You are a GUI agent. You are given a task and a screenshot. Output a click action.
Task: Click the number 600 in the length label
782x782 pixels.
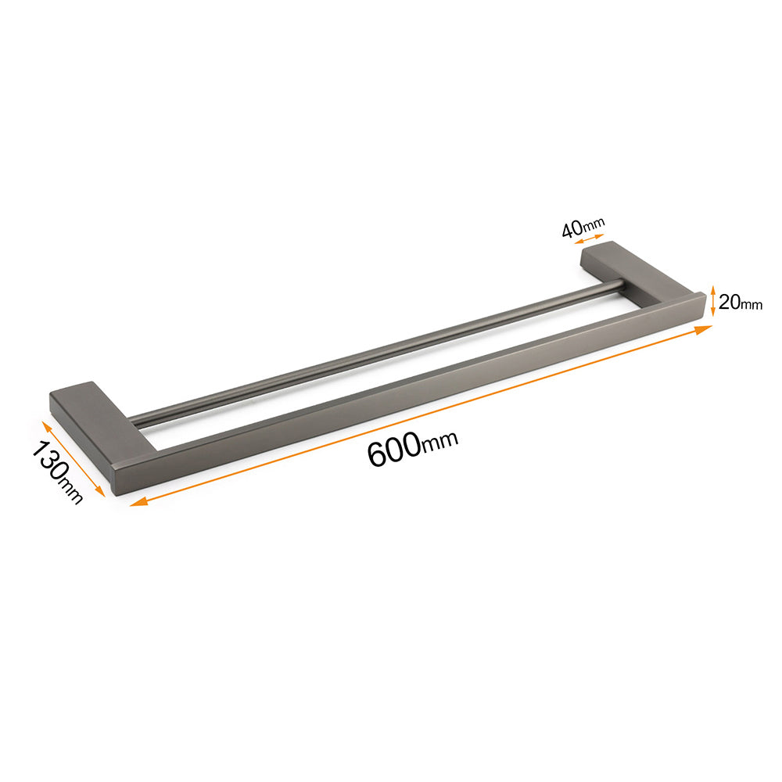[x=394, y=451]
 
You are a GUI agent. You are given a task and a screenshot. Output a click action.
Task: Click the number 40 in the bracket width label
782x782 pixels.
[x=572, y=230]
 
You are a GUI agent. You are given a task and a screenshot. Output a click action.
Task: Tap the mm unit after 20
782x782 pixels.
[x=751, y=304]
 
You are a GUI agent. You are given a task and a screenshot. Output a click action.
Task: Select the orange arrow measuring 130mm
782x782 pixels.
[x=74, y=459]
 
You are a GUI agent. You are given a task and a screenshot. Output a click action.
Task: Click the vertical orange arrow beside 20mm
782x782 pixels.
[x=713, y=301]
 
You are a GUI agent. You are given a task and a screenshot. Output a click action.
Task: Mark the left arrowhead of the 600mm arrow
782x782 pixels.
[x=138, y=502]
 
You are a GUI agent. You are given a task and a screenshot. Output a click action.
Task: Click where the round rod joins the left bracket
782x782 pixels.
[x=133, y=421]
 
